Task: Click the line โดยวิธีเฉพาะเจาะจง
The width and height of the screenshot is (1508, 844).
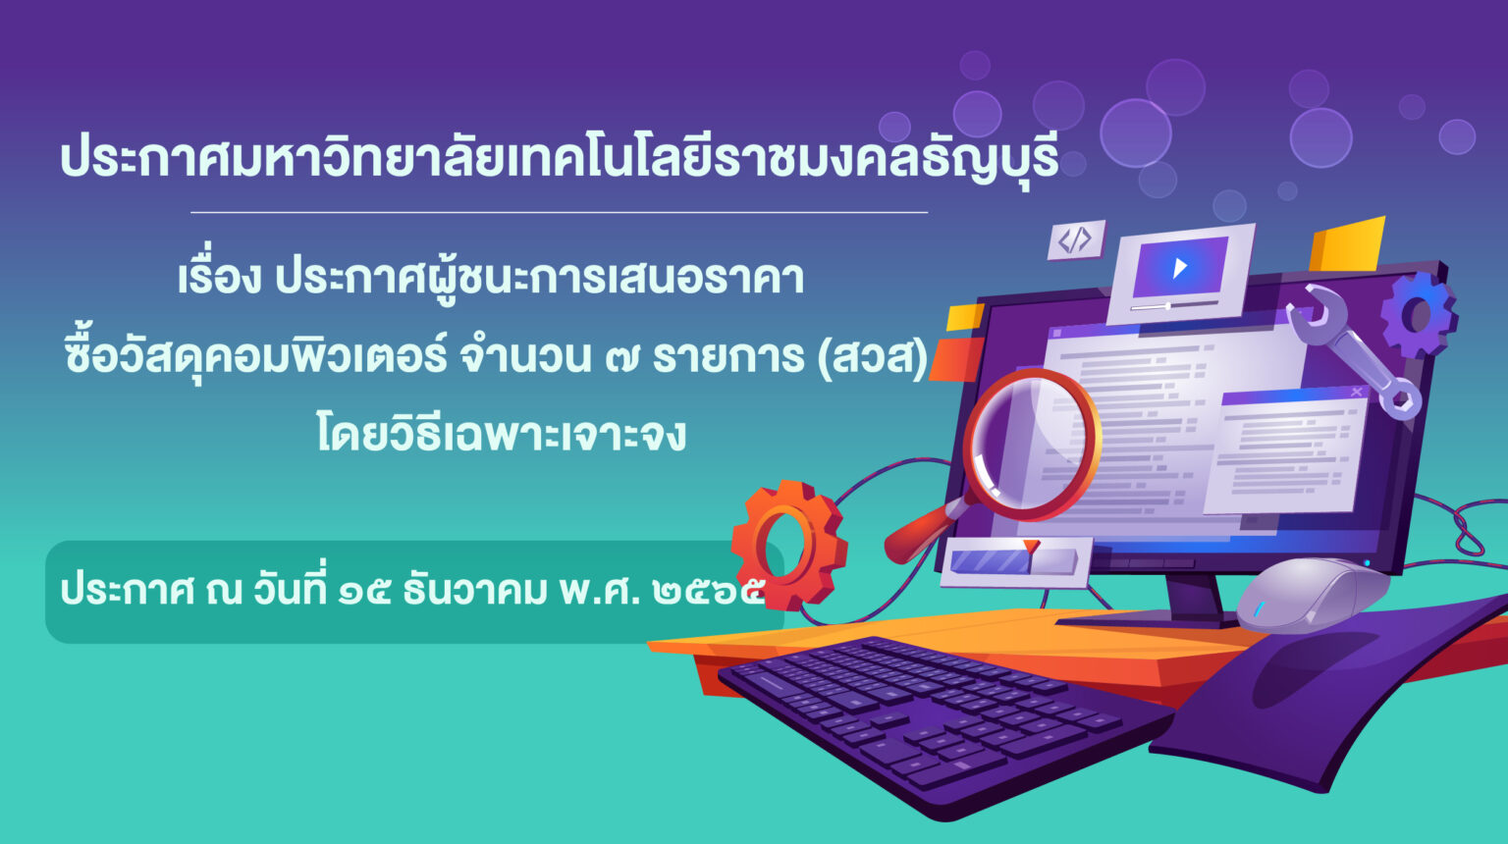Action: [502, 434]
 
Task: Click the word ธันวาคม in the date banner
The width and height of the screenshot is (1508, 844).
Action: [474, 589]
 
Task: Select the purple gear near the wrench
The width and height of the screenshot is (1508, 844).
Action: [1419, 315]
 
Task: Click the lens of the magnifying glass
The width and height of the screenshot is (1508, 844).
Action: [1032, 445]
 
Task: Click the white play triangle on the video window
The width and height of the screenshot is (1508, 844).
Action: [1179, 268]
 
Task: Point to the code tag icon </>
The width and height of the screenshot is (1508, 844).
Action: [1075, 238]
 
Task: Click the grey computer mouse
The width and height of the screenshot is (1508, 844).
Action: [1313, 595]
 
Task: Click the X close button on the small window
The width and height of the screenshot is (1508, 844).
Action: [1356, 392]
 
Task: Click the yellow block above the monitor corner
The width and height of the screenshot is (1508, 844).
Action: [1346, 244]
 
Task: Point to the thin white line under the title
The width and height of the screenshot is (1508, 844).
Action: [559, 212]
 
